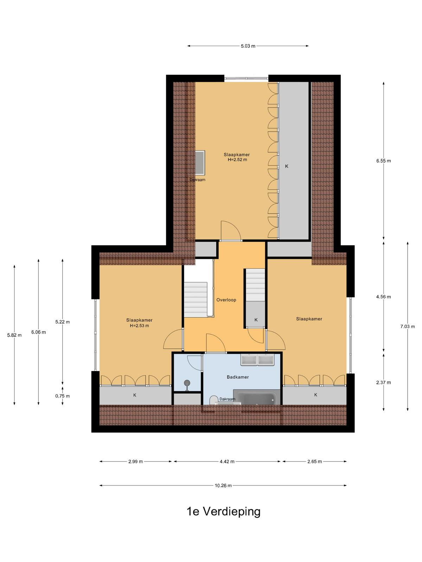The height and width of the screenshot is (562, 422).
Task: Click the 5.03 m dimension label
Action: [x=248, y=46]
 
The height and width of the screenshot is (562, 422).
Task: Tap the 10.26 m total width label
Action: [x=223, y=485]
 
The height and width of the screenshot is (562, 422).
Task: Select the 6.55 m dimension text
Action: [x=383, y=161]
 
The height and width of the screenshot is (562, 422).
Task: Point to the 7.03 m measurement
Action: [x=407, y=326]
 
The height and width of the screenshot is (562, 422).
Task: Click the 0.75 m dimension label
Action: [x=62, y=396]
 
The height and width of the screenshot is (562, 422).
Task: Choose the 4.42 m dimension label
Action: [x=227, y=462]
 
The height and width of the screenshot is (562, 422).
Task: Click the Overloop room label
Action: [x=226, y=300]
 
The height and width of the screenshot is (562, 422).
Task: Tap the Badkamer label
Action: [x=238, y=377]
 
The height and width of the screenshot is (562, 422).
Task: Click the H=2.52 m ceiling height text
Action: [x=237, y=159]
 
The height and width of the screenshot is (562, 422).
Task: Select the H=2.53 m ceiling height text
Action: [x=139, y=326]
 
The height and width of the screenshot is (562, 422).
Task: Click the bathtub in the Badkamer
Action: [x=256, y=398]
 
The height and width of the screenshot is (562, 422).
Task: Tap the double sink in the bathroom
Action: [x=257, y=360]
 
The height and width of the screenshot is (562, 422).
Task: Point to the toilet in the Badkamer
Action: [x=213, y=400]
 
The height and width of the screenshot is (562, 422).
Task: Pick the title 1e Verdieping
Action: [x=223, y=511]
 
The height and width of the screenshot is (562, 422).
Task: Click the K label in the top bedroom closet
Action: [x=287, y=166]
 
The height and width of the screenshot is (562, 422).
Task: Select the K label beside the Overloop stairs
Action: [x=256, y=320]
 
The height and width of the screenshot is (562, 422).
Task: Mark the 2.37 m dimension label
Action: [x=383, y=383]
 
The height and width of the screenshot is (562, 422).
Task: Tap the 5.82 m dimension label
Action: [x=14, y=335]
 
